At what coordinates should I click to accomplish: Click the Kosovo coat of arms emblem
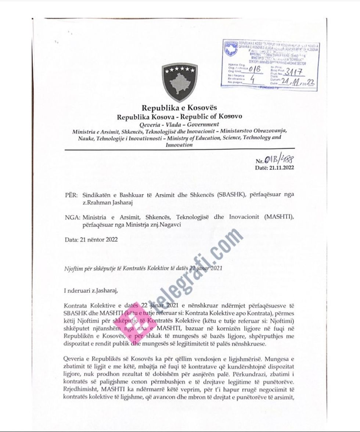(x=180, y=83)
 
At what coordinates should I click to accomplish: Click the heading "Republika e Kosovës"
(x=180, y=108)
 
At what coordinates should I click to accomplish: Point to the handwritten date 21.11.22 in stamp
(x=298, y=82)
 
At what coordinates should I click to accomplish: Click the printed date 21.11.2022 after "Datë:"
(x=281, y=168)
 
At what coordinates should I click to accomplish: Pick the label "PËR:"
(x=71, y=195)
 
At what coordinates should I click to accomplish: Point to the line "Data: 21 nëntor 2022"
(x=91, y=240)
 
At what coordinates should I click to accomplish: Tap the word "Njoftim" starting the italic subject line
(x=73, y=268)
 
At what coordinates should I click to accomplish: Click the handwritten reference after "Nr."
(x=282, y=160)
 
